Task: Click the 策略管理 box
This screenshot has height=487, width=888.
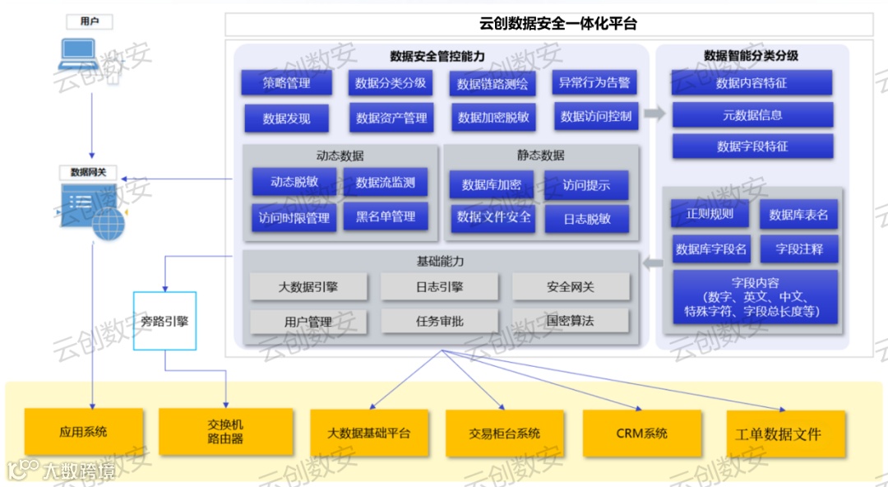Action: pos(286,83)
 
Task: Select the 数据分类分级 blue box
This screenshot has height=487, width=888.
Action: pos(391,83)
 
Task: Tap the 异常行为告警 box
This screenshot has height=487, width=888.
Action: pos(594,82)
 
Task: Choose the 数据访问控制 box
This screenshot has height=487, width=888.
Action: pos(595,117)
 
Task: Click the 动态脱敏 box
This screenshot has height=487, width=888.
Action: pos(294,183)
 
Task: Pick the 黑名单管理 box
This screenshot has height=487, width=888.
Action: pos(386,217)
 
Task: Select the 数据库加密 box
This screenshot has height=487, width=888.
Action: pos(491,185)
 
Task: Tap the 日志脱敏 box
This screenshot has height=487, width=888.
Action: pos(586,219)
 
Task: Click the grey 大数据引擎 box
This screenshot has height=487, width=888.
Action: pos(308,287)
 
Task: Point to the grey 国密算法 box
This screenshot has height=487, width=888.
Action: pos(570,320)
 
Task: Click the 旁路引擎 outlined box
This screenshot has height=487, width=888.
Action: pos(164,321)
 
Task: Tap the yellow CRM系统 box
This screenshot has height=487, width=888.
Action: pos(641,434)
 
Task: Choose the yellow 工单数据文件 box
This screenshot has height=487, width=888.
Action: pos(785,434)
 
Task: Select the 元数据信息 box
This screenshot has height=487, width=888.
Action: pos(752,115)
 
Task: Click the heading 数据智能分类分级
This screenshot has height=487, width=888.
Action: pos(751,56)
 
